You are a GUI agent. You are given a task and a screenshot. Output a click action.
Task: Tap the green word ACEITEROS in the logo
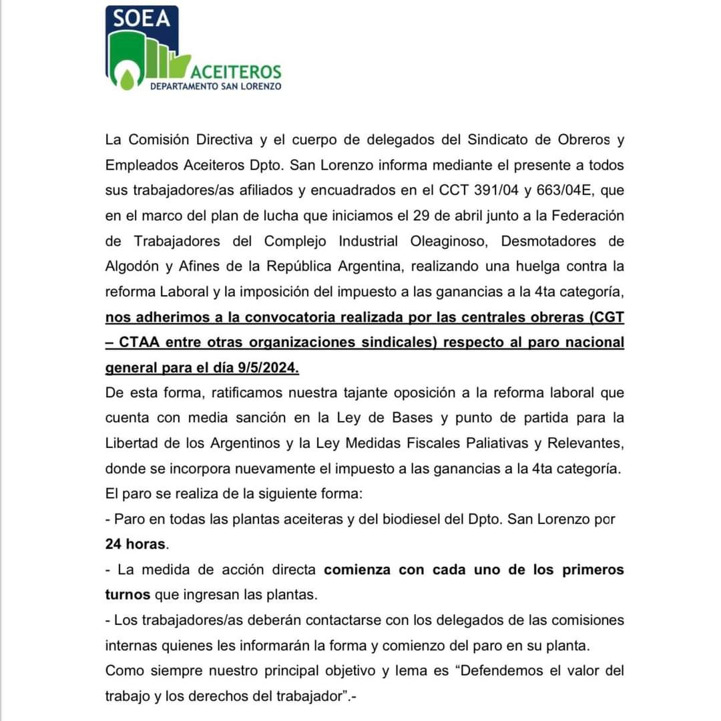point(236,71)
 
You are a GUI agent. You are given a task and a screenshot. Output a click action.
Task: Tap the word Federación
point(583,216)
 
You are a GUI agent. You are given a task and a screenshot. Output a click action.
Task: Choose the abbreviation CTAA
point(147,342)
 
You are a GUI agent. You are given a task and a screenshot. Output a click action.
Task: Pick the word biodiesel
point(416,519)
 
